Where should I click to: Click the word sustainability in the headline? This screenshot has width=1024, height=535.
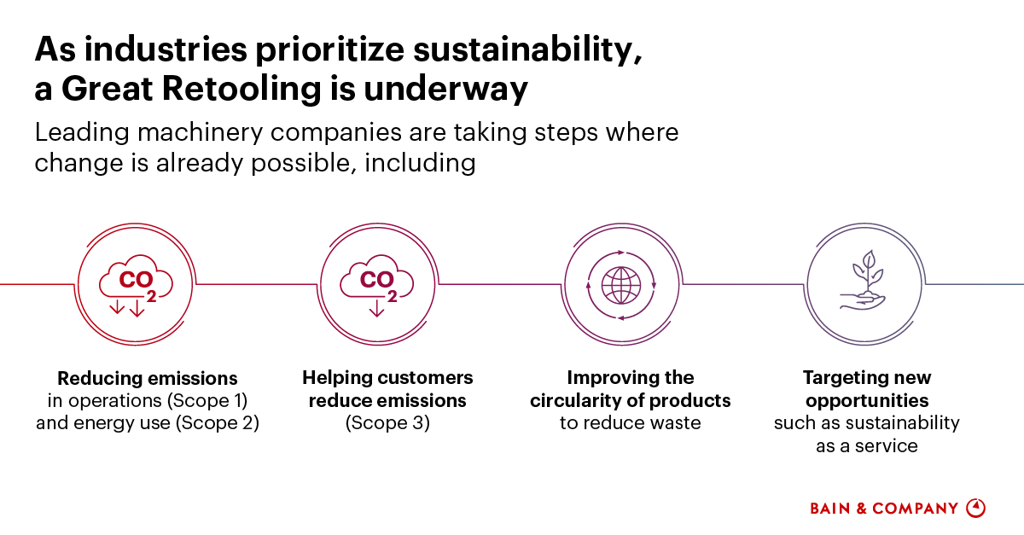pos(527,49)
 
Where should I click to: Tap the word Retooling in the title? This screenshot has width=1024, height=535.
pos(241,88)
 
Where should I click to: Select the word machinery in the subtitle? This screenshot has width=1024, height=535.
pos(201,133)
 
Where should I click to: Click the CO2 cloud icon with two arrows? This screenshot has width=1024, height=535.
pos(136,286)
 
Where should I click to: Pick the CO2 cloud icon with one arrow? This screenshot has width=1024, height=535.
pos(376,286)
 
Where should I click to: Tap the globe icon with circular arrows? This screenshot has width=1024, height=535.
pos(621,285)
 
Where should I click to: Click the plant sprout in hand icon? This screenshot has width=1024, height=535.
pos(863,281)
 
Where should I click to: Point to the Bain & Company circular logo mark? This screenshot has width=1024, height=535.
pos(975,508)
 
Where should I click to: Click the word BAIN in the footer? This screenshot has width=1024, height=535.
pos(830,509)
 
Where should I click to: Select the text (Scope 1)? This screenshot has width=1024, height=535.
pos(207,401)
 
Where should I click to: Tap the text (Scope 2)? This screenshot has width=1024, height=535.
pos(218,423)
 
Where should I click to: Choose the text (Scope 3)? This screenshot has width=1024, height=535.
pos(387,423)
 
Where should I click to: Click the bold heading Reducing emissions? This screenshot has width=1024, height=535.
pos(147,379)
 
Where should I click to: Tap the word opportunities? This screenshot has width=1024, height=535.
pos(867,401)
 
